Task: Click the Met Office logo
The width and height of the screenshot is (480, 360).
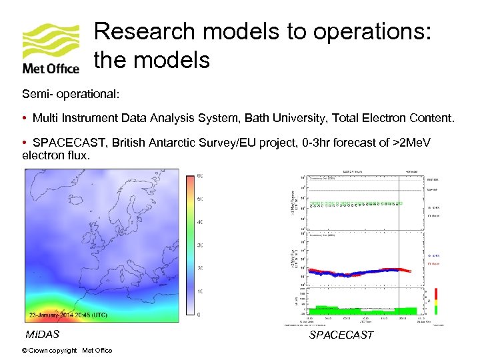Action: tap(51, 48)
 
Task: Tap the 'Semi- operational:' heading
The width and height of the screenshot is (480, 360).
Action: tap(71, 94)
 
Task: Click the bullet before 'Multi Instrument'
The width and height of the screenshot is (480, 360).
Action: tap(24, 118)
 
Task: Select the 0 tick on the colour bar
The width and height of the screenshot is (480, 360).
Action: tap(200, 315)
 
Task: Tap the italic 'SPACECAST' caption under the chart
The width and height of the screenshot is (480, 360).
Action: tap(341, 335)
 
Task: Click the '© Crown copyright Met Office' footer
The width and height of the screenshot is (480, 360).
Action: tap(67, 351)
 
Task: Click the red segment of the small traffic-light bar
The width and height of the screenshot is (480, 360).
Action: tap(436, 293)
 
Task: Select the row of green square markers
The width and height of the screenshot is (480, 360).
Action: tap(360, 203)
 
